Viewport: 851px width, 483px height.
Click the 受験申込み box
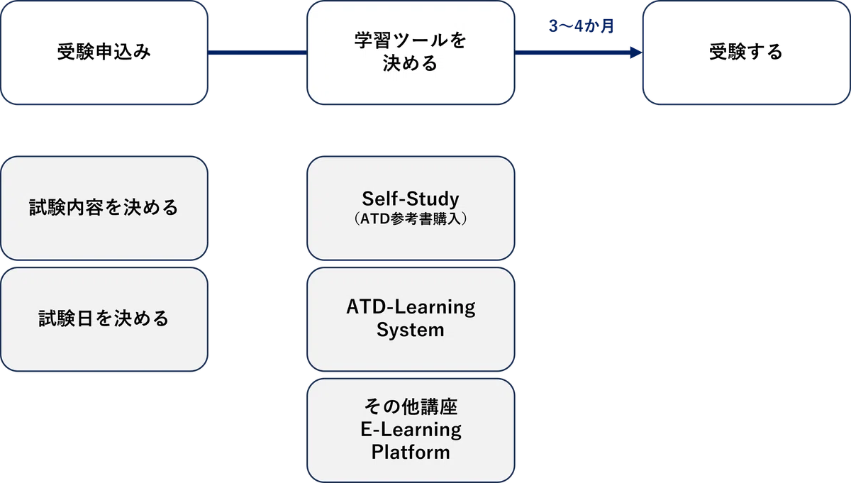104,52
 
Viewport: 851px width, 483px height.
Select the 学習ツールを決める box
411,52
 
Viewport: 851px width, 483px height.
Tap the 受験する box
746,52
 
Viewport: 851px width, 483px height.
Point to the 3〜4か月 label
582,26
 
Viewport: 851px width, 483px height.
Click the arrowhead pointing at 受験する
636,52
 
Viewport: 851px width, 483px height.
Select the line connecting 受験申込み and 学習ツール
257,52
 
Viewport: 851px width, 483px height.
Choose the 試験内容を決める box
104,209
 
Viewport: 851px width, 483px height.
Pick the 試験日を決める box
104,319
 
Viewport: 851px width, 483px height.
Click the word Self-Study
411,199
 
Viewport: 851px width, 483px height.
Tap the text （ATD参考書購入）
411,219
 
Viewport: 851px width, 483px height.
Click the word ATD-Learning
411,307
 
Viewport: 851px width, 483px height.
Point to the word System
411,330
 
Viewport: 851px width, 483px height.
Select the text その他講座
411,406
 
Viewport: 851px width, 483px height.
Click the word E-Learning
411,429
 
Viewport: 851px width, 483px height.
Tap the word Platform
411,453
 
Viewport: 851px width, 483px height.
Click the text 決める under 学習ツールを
411,63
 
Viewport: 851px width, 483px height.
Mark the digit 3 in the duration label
553,26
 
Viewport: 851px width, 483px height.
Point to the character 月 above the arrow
607,26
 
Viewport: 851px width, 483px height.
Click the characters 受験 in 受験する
727,52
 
